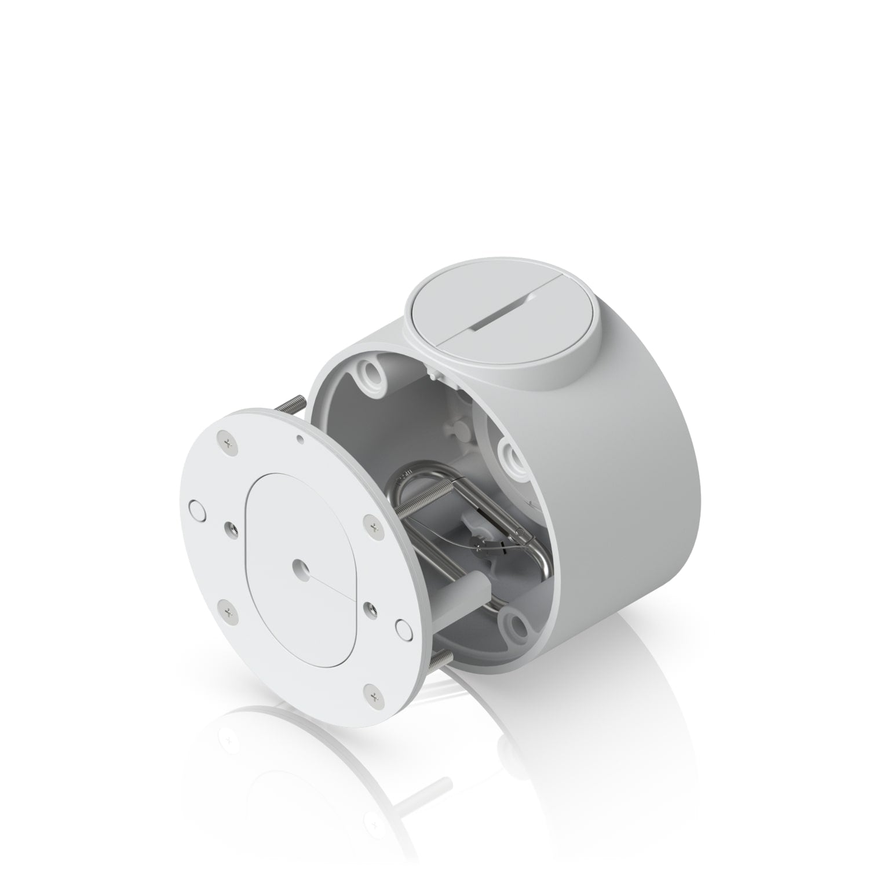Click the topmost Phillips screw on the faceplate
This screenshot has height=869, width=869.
pos(224,441)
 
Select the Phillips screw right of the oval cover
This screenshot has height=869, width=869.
pos(373,527)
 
